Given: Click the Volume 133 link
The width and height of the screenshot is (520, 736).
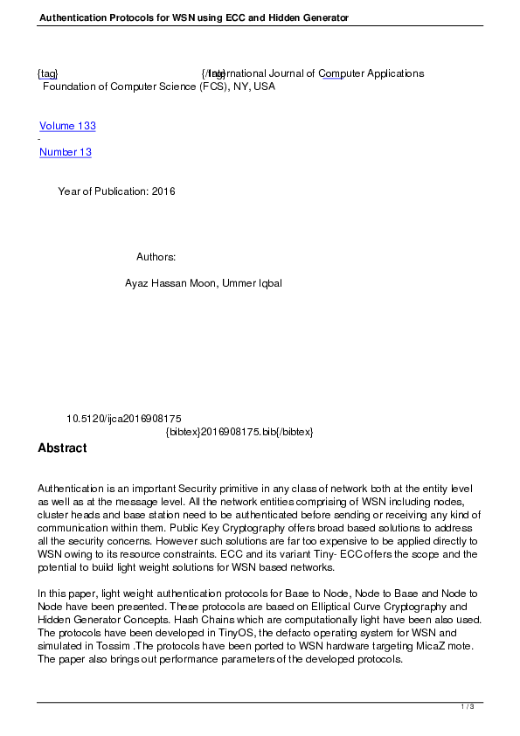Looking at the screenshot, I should pyautogui.click(x=67, y=126).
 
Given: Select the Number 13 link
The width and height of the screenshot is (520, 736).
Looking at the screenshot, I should pyautogui.click(x=66, y=152).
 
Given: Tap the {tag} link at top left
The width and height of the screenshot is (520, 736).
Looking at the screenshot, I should pyautogui.click(x=48, y=73).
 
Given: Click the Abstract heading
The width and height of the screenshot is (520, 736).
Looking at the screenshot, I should pyautogui.click(x=62, y=448).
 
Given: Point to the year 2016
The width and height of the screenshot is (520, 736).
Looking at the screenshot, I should pyautogui.click(x=163, y=191).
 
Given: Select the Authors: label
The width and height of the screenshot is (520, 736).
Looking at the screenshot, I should pyautogui.click(x=156, y=257).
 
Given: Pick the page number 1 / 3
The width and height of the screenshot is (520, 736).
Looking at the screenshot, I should pyautogui.click(x=468, y=706).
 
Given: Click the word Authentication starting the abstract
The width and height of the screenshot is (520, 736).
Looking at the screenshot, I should pyautogui.click(x=73, y=488).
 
